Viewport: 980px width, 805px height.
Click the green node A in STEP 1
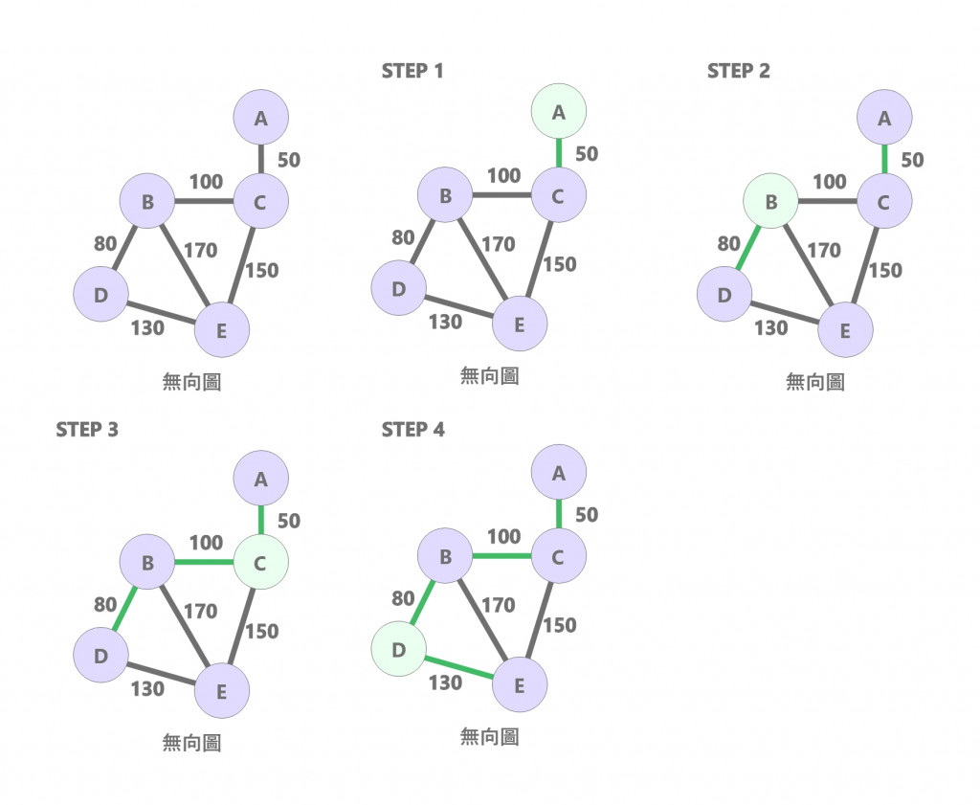559,112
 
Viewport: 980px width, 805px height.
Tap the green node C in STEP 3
260,564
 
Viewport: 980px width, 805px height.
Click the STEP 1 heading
412,71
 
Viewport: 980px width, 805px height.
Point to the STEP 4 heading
412,429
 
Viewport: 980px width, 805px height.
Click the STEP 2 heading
738,71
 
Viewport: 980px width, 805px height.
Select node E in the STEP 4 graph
520,685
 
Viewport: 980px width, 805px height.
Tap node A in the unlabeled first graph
260,119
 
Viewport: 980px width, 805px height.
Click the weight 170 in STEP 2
823,251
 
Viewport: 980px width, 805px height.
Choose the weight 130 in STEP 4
445,682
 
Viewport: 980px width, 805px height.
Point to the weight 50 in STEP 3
288,521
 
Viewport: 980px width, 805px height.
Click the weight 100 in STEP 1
503,176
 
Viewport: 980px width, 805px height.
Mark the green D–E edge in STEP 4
458,667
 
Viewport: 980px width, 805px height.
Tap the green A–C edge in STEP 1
559,153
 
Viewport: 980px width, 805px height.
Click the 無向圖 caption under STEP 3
191,742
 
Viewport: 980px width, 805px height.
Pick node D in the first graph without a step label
100,295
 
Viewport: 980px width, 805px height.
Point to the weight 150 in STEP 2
885,271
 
